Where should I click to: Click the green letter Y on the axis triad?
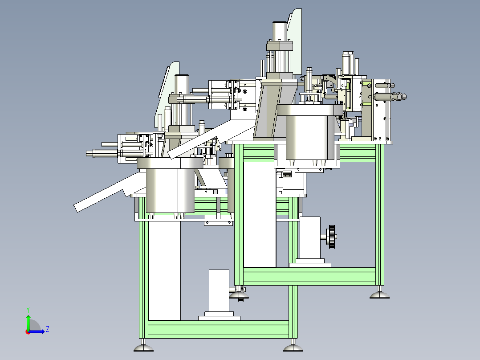pyautogui.click(x=28, y=310)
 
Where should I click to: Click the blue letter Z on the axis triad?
pyautogui.click(x=48, y=329)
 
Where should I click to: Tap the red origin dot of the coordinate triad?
pyautogui.click(x=28, y=332)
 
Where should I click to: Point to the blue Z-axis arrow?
pyautogui.click(x=37, y=331)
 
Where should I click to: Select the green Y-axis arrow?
pyautogui.click(x=28, y=323)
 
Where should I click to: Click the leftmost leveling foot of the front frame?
pyautogui.click(x=143, y=348)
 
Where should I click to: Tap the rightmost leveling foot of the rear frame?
pyautogui.click(x=379, y=295)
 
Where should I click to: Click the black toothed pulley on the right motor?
pyautogui.click(x=331, y=237)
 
